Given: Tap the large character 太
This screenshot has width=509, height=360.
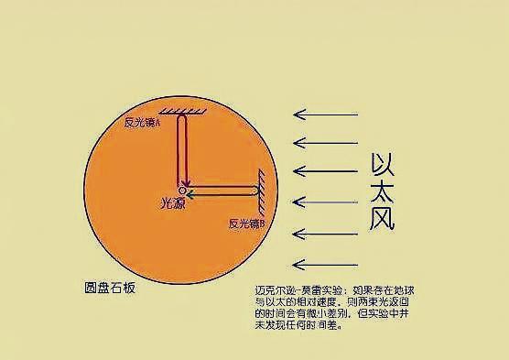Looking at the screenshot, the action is pyautogui.click(x=383, y=192).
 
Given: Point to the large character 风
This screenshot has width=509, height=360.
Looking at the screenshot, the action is pyautogui.click(x=383, y=219).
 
